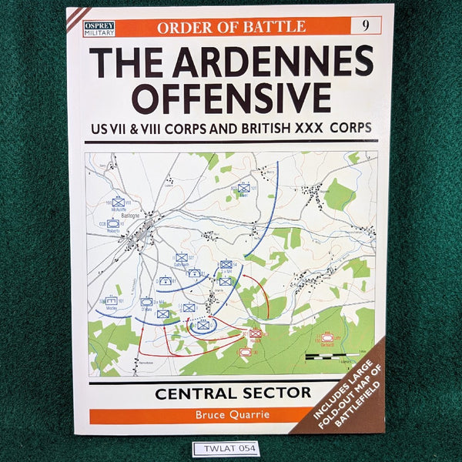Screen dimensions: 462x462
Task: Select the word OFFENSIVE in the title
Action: [230, 97]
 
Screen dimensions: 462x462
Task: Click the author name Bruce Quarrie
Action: [231, 416]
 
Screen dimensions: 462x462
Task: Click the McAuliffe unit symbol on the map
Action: [118, 202]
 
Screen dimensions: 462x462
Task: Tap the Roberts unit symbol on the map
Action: [113, 223]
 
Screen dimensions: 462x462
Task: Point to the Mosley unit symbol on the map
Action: [112, 301]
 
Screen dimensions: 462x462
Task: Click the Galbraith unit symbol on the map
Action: [181, 258]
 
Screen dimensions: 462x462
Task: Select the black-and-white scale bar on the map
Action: [330, 357]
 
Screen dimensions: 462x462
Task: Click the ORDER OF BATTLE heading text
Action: [232, 25]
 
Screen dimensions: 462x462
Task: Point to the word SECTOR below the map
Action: [274, 393]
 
